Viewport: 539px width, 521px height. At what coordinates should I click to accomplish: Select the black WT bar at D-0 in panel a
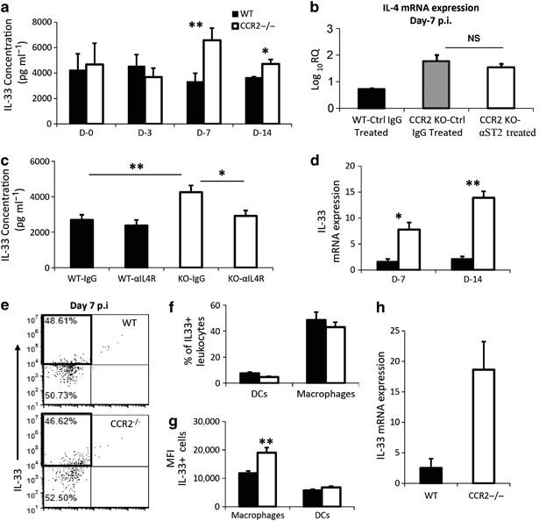click(79, 88)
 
